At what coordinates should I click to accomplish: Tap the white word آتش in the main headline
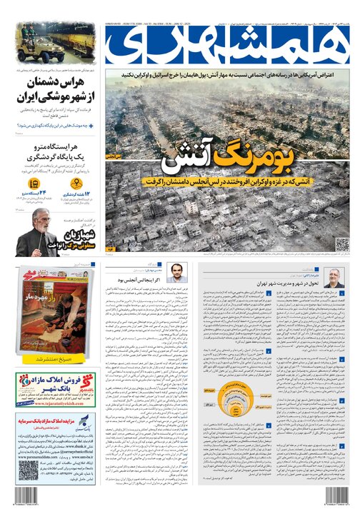click(x=179, y=158)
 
